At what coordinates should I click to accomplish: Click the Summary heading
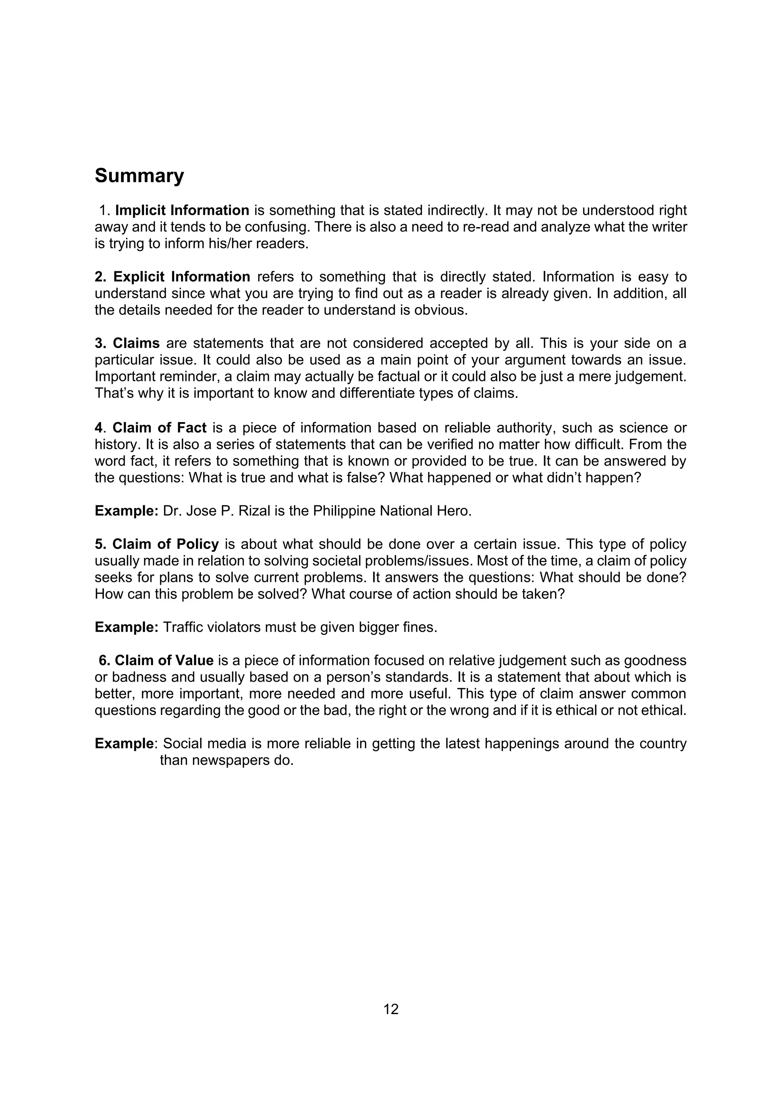[x=139, y=176]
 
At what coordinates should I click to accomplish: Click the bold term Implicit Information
[x=182, y=211]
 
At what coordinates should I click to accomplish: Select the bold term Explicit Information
[x=182, y=277]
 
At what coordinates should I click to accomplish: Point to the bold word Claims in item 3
[x=136, y=343]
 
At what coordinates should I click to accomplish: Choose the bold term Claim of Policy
[x=165, y=544]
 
